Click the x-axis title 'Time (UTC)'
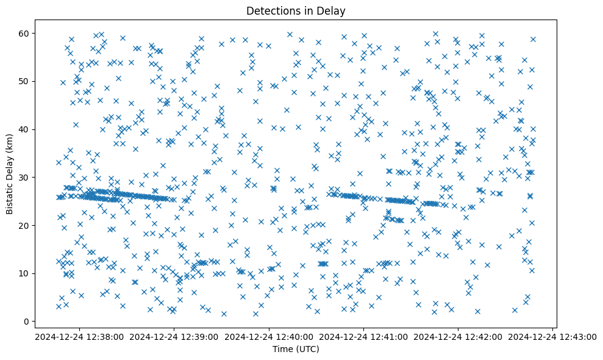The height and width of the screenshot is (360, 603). [x=296, y=349]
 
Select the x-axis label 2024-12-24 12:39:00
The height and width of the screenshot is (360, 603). [x=175, y=337]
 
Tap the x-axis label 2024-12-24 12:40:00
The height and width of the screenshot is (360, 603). [x=269, y=337]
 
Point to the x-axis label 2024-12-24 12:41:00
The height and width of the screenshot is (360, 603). [x=364, y=337]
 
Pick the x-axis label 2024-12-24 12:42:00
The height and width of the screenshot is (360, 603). [x=458, y=337]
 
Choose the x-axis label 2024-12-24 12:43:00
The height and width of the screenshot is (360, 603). [x=552, y=337]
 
